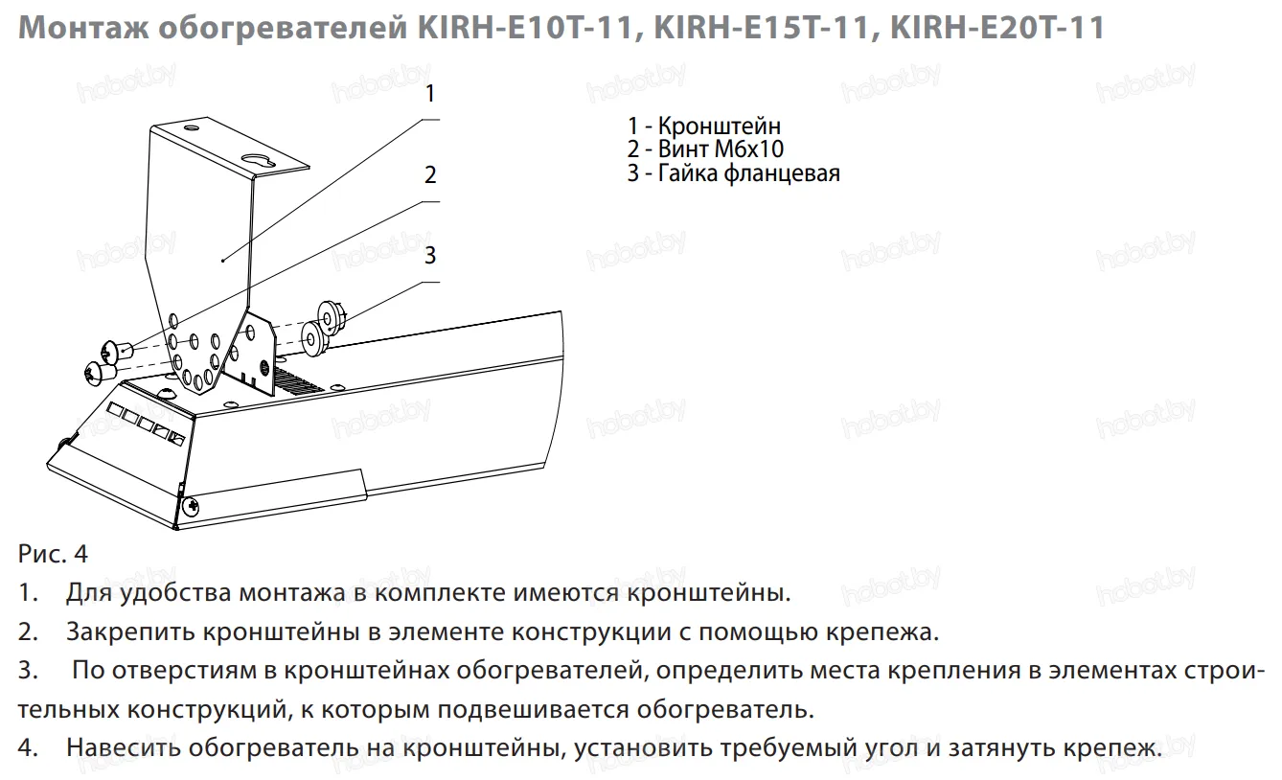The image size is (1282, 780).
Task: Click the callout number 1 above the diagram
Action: (x=430, y=93)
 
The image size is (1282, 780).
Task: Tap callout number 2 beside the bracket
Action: (x=430, y=174)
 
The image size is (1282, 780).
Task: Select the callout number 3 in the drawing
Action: (x=430, y=255)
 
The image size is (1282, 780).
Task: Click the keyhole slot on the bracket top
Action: (x=259, y=160)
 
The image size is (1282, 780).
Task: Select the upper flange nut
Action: (x=332, y=315)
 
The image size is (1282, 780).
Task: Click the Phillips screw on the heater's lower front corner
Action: (x=191, y=507)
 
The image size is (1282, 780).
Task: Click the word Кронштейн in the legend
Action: (x=719, y=126)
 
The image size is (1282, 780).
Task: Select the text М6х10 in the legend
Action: (x=749, y=149)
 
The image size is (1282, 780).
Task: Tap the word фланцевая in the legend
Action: (x=783, y=173)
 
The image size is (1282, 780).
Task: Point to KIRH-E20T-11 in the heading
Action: (x=997, y=28)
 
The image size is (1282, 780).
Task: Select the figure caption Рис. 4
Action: (x=53, y=554)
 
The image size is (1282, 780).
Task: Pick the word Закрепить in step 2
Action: (x=130, y=632)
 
